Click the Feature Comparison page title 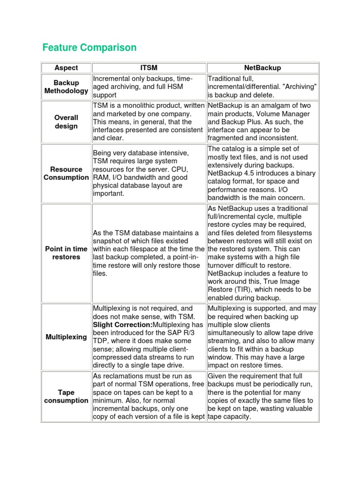89,47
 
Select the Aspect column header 66,68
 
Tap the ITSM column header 149,68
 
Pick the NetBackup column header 263,68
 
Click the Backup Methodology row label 66,87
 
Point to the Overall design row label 66,122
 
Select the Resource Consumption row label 66,173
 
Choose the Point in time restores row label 66,253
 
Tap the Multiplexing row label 66,337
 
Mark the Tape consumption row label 66,396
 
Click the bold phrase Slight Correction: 123,325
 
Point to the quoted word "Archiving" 299,87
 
